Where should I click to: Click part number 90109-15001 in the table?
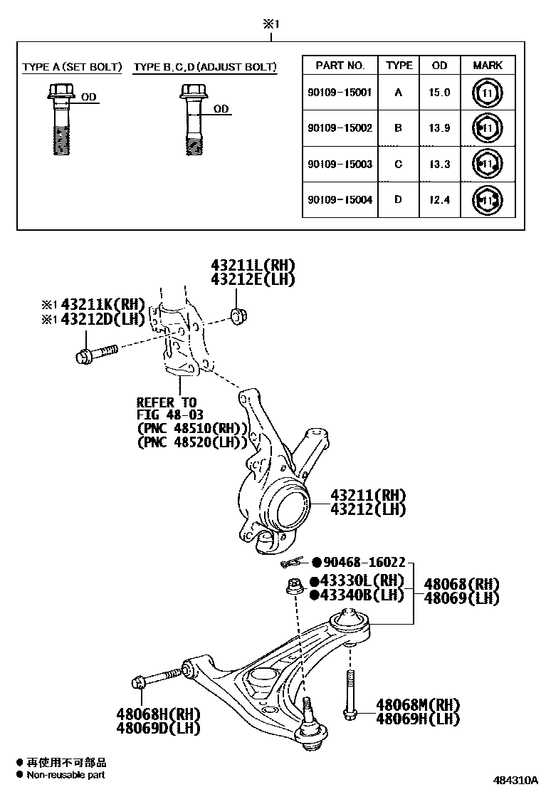[340, 93]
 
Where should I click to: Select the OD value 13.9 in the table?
[439, 128]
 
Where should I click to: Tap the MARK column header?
[488, 65]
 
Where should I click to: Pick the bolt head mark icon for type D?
[488, 201]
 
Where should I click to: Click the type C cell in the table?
[398, 165]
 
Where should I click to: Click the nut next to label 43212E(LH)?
[238, 315]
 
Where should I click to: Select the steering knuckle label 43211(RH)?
[367, 495]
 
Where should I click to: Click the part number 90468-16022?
[364, 562]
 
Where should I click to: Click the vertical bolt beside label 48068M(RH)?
[349, 694]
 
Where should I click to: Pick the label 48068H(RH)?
[158, 714]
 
